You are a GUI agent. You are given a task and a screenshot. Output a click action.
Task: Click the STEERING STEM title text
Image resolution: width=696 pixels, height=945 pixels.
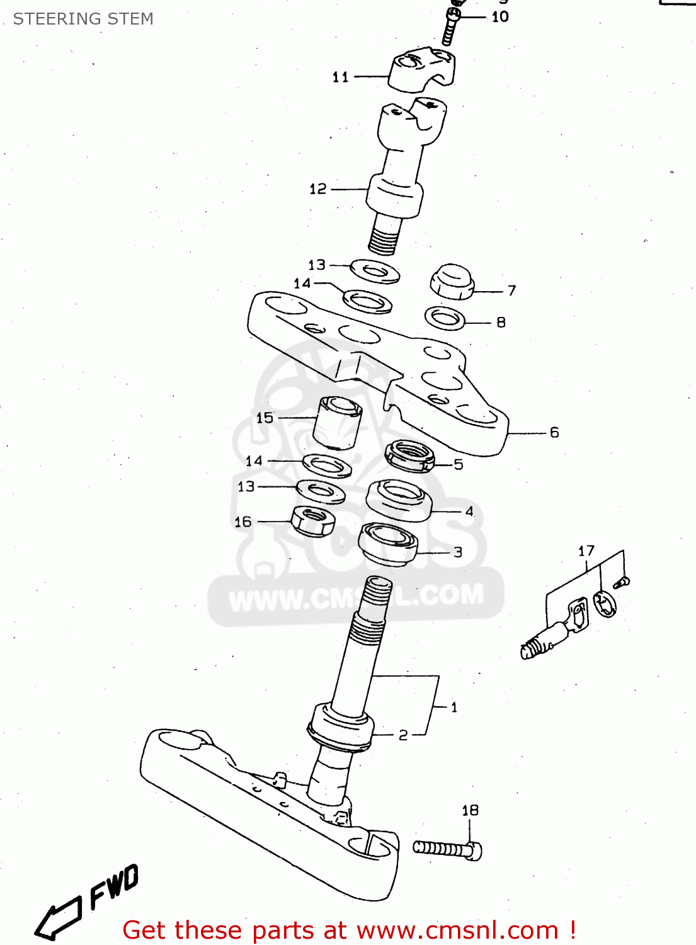coord(83,19)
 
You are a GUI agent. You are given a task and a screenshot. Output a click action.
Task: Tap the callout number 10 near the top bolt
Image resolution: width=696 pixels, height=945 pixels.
coord(500,17)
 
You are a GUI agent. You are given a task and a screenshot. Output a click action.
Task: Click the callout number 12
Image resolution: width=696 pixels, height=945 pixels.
coord(318,189)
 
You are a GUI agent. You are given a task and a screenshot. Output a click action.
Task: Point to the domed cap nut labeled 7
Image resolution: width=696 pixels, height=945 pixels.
coord(452,282)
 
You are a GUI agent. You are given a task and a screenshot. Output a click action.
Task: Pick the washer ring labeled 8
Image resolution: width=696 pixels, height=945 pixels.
coord(445,318)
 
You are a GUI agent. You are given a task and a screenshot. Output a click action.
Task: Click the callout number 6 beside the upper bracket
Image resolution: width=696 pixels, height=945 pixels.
coord(554,432)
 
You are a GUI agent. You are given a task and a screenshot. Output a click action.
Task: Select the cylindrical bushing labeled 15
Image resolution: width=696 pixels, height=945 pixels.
coord(337,422)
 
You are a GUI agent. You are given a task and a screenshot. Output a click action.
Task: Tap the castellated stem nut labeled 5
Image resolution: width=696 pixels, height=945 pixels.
coord(409,456)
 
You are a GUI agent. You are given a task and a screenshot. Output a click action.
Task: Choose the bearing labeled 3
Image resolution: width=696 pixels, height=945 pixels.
coord(388,544)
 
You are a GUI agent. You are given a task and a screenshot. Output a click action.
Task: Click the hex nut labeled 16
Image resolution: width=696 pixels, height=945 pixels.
coord(312,521)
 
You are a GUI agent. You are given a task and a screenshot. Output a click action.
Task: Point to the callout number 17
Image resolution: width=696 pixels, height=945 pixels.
coord(586,551)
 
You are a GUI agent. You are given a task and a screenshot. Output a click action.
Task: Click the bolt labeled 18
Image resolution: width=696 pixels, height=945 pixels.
coord(448,849)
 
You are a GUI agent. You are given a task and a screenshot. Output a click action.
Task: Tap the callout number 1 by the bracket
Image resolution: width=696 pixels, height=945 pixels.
coord(454,707)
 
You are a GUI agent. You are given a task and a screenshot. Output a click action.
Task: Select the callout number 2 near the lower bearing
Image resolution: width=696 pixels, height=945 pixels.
coord(403,735)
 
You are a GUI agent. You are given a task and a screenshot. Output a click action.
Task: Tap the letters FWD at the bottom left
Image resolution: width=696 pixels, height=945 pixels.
coord(113,887)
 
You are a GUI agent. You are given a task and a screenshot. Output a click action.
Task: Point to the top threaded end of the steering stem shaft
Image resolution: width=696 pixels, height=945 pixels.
coord(378,592)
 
